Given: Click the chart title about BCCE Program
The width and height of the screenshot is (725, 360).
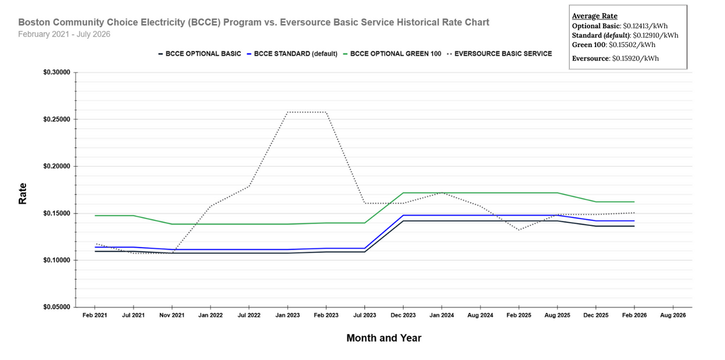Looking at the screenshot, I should pos(254,22).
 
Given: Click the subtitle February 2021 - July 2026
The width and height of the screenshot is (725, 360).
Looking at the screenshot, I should pos(64,34).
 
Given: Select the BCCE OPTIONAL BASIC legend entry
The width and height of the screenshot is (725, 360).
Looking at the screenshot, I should pos(200,54).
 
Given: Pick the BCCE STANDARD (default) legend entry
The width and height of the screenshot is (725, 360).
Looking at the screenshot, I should pos(292,54).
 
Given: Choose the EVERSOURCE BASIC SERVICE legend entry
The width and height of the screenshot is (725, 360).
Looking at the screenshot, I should pos(500,54).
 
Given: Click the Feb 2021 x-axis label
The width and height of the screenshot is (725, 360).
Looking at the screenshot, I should pos(95,315).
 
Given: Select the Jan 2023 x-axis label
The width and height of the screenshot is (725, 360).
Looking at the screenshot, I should pos(288,315).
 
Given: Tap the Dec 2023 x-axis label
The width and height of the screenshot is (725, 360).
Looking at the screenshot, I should pos(403,315).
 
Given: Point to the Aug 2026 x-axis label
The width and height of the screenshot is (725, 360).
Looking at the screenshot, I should pos(672,315).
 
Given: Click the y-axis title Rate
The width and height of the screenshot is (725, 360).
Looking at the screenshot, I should pos(23,194).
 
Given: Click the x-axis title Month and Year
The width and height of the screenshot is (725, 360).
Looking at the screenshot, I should pos(384,338).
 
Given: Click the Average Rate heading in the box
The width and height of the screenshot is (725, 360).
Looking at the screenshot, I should pos(594,16).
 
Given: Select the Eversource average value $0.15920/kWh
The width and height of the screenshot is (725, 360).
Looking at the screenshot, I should pos(636,59).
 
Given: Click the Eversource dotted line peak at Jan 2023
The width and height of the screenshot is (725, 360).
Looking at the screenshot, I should pos(288,112).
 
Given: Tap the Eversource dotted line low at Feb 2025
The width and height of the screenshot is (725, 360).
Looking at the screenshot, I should pos(518,230).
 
